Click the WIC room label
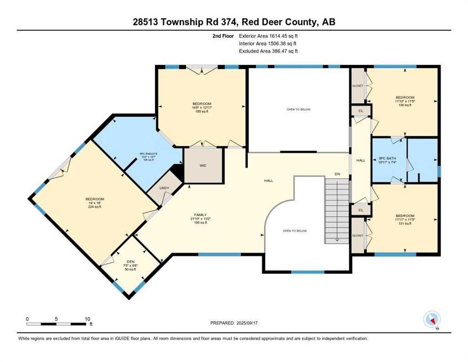[x=203, y=165]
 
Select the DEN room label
[x=131, y=262]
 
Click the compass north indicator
[x=432, y=320]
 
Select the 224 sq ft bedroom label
[x=95, y=203]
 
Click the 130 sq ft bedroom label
[x=404, y=101]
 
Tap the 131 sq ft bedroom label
[x=404, y=220]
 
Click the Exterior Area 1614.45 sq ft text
[x=268, y=35]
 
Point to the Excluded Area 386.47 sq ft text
[x=268, y=51]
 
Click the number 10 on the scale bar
[x=87, y=319]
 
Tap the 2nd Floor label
[x=223, y=35]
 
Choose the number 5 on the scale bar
[x=56, y=319]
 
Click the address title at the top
[x=234, y=22]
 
